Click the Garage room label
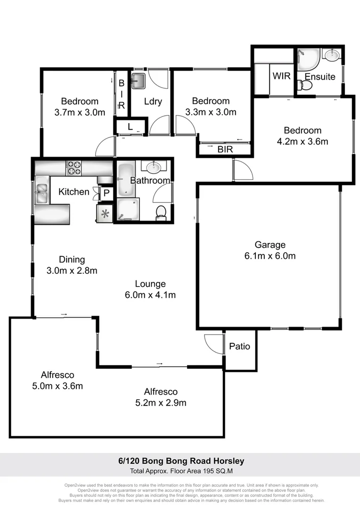tap(270, 245)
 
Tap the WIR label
tap(281, 76)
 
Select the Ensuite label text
tap(320, 76)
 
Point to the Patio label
tap(239, 346)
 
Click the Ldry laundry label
tap(153, 101)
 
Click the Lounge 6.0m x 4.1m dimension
tap(150, 296)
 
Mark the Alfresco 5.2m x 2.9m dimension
tap(161, 403)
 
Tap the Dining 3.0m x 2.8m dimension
tap(72, 271)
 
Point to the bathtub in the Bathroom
tap(125, 180)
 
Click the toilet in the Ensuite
tap(306, 86)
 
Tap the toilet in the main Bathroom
tap(161, 212)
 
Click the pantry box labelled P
tap(106, 192)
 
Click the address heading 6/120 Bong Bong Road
tap(180, 461)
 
